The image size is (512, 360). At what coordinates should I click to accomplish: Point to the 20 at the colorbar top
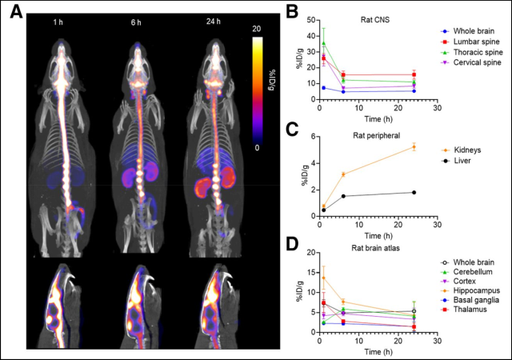pos(256,27)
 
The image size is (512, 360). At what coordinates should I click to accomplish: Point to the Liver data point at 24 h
pos(413,192)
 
